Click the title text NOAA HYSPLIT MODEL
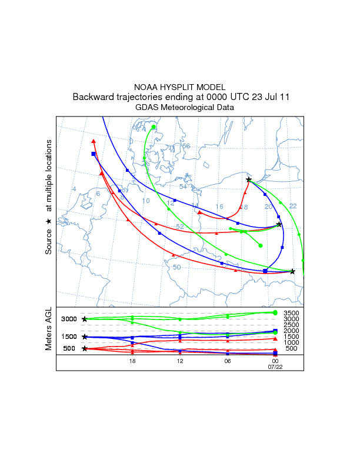point(180,86)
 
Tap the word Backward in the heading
point(93,96)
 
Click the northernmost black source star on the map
point(249,179)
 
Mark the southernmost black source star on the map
point(292,271)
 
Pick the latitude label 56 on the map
point(186,146)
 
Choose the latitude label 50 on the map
point(176,267)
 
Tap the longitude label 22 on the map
point(292,206)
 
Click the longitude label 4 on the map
point(74,189)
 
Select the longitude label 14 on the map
point(195,205)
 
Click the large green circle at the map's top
point(154,127)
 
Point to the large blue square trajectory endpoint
point(94,154)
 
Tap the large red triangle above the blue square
point(94,141)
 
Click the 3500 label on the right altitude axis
point(292,313)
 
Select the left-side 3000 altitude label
point(69,319)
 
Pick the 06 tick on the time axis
point(228,361)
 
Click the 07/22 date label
point(275,367)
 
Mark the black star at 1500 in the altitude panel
point(85,337)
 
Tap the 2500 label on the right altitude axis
point(292,325)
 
